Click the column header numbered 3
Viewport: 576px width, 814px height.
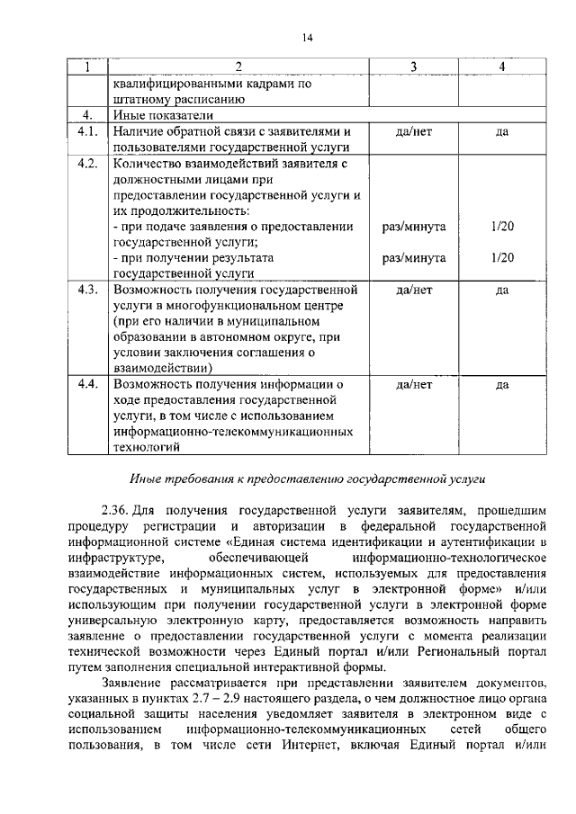(413, 67)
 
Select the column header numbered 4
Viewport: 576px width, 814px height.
(501, 67)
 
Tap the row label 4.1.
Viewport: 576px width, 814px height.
(87, 131)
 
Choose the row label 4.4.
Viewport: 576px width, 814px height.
(87, 384)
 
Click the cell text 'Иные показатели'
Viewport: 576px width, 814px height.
(161, 116)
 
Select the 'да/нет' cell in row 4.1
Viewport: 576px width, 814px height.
(413, 131)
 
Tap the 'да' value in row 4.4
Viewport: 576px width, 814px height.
(501, 385)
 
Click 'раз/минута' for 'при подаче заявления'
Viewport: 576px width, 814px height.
(413, 227)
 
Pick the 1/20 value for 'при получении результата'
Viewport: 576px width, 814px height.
(502, 258)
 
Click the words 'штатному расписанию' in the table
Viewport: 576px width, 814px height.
(175, 100)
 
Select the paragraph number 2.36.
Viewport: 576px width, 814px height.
(115, 510)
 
